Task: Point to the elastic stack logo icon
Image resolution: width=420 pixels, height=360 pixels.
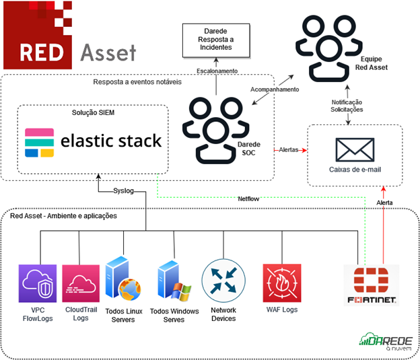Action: point(40,142)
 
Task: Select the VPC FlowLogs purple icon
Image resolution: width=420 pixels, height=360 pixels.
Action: point(38,283)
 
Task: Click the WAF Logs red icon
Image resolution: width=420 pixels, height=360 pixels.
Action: point(281,283)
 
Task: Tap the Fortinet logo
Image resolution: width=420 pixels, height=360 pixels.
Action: point(371,286)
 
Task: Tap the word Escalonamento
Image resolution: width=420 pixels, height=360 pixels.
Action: point(217,70)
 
